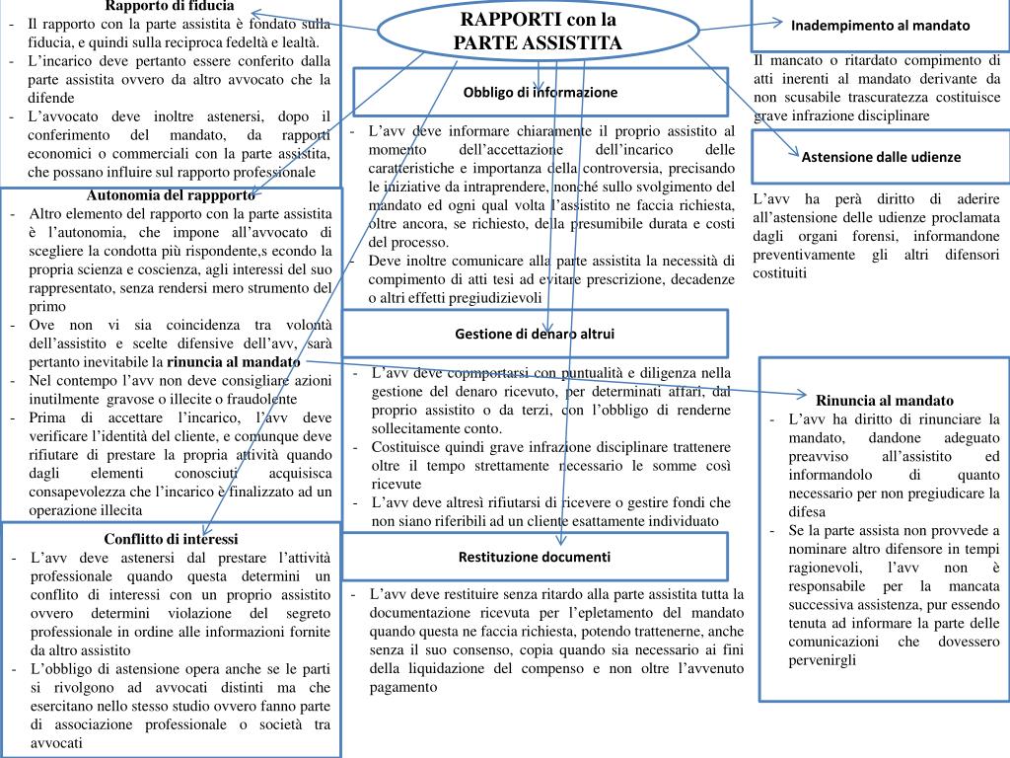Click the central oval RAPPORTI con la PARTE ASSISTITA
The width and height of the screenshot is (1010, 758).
[538, 31]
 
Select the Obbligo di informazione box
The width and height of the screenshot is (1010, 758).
[541, 92]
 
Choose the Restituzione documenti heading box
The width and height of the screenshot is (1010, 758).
[535, 557]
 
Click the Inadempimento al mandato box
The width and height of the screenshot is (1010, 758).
[881, 26]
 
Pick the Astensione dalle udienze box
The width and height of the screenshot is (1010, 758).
[881, 157]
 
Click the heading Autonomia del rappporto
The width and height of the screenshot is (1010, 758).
[171, 194]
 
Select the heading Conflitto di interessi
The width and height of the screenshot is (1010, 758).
[172, 539]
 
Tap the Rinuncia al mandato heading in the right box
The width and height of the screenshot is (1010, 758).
[885, 400]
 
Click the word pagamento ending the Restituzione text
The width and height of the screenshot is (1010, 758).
[409, 688]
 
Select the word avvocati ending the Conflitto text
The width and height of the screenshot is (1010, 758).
[57, 742]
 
